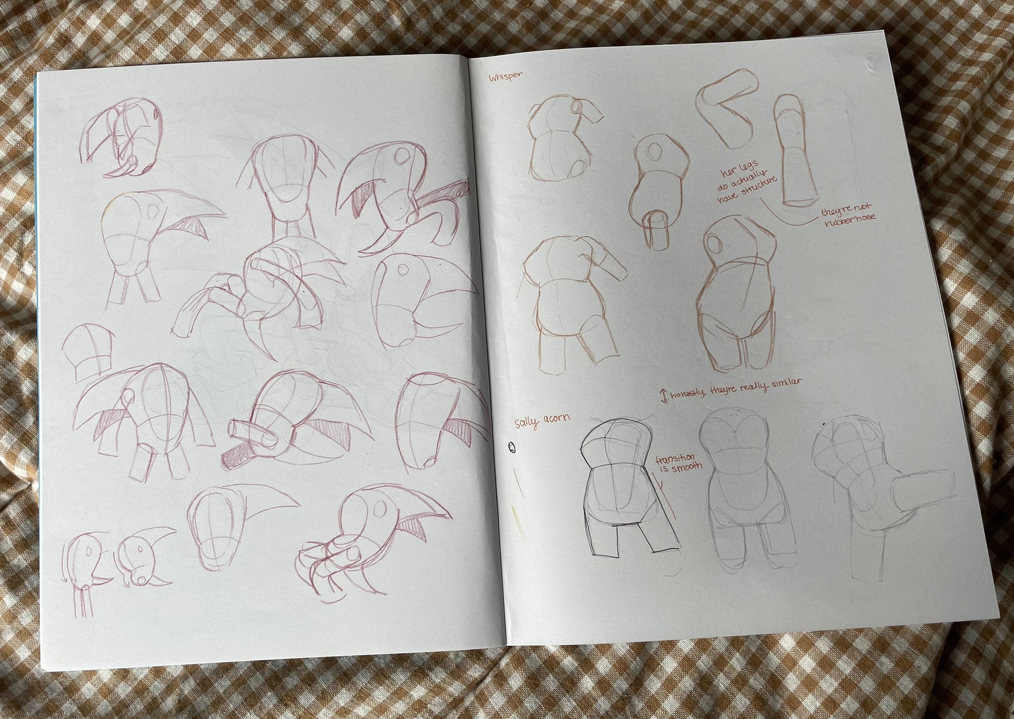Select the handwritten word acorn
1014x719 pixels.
(x=556, y=419)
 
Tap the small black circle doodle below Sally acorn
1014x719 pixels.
(x=511, y=448)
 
